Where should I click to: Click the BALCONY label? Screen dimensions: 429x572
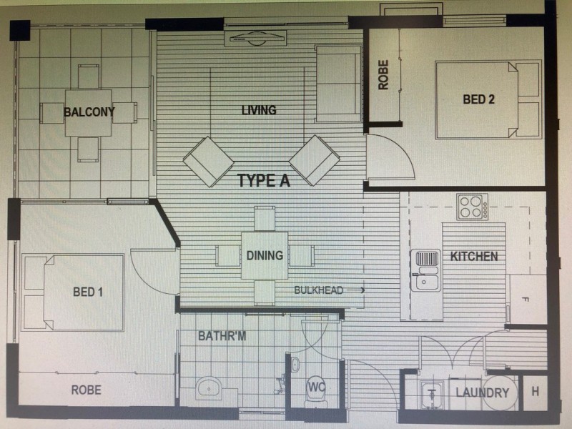(89, 112)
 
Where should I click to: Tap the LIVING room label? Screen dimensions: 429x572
(258, 110)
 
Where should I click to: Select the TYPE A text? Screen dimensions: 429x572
(264, 181)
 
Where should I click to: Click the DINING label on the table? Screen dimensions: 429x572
(265, 255)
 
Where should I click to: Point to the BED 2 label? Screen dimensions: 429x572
(478, 100)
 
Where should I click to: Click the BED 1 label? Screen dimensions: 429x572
(88, 292)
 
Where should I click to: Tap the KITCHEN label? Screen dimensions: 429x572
(474, 257)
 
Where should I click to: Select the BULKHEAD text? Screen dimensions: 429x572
(319, 290)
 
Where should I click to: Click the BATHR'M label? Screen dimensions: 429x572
(222, 335)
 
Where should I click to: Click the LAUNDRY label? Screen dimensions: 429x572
(482, 393)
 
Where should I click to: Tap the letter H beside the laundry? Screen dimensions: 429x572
(535, 393)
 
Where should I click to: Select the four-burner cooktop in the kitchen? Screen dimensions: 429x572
(472, 207)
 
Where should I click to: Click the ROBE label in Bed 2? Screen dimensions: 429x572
(383, 74)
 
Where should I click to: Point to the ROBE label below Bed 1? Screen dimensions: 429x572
(86, 390)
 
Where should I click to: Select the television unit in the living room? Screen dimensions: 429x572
(255, 38)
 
